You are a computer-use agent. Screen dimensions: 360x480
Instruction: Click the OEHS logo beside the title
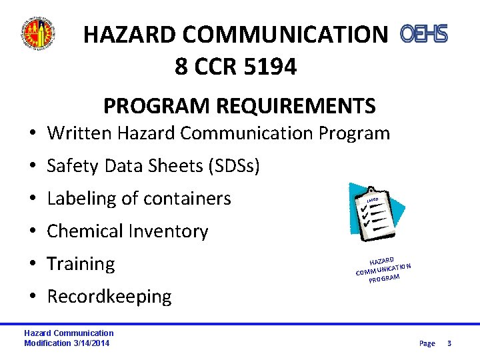[423, 33]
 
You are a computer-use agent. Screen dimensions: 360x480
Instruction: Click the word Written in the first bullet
[79, 133]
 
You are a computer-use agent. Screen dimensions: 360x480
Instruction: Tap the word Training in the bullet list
[81, 264]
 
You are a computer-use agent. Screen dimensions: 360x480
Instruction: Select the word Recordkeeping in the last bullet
[109, 297]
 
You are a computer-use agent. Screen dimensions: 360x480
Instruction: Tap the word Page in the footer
[427, 343]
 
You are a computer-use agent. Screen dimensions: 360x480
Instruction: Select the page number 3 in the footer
[449, 343]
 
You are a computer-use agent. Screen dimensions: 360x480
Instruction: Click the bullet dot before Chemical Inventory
[32, 231]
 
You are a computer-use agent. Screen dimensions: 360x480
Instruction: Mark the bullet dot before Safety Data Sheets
[32, 166]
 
